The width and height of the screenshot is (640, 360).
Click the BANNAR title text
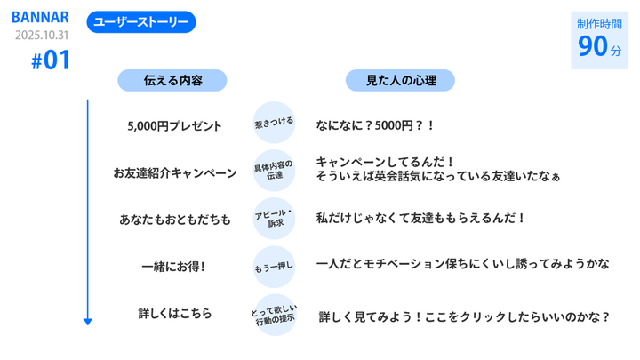pos(40,18)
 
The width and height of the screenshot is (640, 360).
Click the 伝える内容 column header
pos(172,81)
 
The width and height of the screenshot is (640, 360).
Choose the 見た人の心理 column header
pos(400,81)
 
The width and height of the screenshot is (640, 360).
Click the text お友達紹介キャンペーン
pos(175,172)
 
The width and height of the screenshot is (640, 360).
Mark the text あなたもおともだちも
pos(175,219)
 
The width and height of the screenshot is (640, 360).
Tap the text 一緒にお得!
pos(174,266)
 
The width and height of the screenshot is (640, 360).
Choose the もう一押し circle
pos(274,266)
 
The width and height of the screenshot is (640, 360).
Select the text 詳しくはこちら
pos(175,313)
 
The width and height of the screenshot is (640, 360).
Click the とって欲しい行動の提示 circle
pos(274,314)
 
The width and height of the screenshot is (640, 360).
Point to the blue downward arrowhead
pos(88,321)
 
